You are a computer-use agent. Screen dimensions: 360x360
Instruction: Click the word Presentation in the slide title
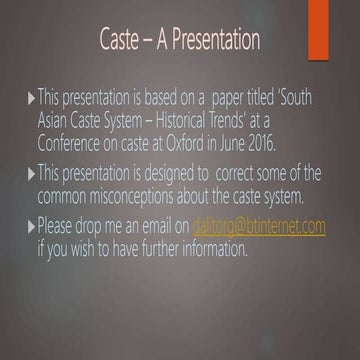pyautogui.click(x=209, y=40)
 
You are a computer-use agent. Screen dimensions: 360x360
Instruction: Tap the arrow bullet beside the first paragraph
pyautogui.click(x=29, y=99)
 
